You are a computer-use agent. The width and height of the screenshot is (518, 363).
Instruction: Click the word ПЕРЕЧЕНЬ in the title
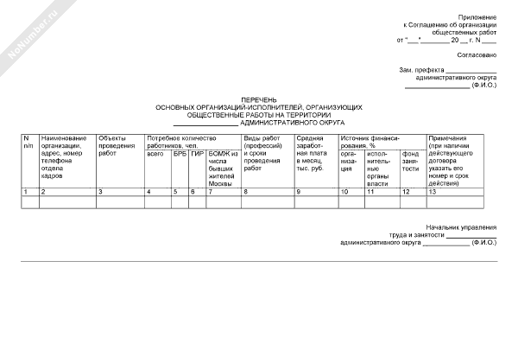(x=259, y=99)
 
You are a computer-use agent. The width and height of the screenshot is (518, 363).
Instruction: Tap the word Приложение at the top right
(x=477, y=17)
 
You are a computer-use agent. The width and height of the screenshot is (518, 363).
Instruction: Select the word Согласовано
(x=477, y=55)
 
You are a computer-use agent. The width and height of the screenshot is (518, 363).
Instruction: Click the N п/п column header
(x=28, y=142)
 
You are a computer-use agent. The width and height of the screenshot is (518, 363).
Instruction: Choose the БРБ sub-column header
(x=179, y=153)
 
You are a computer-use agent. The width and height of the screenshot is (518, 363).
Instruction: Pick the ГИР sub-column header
(x=197, y=153)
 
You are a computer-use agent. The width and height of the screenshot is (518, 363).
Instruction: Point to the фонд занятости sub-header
(x=410, y=160)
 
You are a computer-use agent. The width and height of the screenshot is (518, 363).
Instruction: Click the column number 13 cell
(x=433, y=191)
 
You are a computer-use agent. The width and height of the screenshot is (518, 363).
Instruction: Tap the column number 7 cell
(x=210, y=191)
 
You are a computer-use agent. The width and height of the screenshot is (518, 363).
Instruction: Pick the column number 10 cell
(x=344, y=191)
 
